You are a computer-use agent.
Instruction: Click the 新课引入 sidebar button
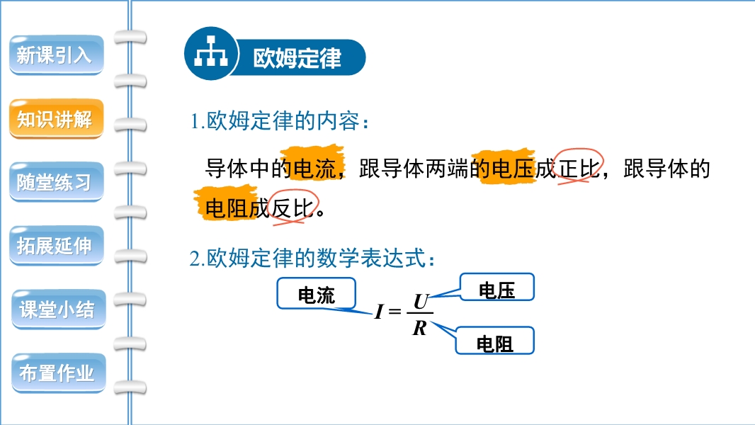click(57, 55)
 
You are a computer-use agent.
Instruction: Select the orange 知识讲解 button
click(57, 119)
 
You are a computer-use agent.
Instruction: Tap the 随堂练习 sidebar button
click(57, 182)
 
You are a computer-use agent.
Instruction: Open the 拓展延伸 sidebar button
click(57, 246)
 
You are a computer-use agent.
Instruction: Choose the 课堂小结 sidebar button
click(58, 309)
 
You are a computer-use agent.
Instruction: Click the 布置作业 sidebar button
click(58, 373)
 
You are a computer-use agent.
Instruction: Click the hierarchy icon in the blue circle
click(211, 51)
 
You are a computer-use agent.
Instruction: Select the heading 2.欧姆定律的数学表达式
click(312, 259)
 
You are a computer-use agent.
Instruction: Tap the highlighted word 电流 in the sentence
click(314, 169)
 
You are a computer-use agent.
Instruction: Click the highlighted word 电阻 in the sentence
click(227, 208)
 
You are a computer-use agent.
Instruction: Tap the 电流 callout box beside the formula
click(317, 293)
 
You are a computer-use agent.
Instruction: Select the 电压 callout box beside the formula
click(497, 288)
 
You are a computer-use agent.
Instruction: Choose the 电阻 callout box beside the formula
click(494, 341)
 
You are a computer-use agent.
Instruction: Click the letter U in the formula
click(421, 302)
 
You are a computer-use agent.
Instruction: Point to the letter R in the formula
click(419, 328)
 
